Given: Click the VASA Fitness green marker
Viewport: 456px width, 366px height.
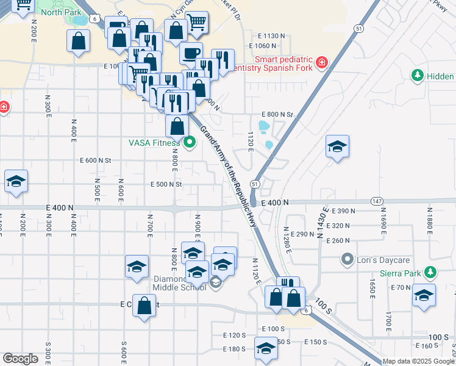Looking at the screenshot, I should [189, 143].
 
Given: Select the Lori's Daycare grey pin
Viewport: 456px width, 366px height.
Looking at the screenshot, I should [347, 260].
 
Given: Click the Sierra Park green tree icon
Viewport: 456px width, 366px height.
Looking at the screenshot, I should [431, 272].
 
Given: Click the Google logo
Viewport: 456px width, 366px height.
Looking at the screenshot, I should [20, 359].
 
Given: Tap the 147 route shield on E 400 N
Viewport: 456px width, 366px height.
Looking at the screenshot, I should [377, 201].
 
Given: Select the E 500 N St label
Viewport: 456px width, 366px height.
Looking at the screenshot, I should [166, 184].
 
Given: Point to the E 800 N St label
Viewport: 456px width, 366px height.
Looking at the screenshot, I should [277, 115].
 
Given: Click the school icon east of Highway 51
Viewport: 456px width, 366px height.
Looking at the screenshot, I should [337, 147].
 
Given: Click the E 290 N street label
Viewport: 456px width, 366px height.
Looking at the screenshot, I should [302, 235].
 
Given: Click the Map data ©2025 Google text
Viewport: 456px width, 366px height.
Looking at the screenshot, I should [419, 361].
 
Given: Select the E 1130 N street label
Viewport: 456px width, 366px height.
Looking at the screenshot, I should [267, 37].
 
